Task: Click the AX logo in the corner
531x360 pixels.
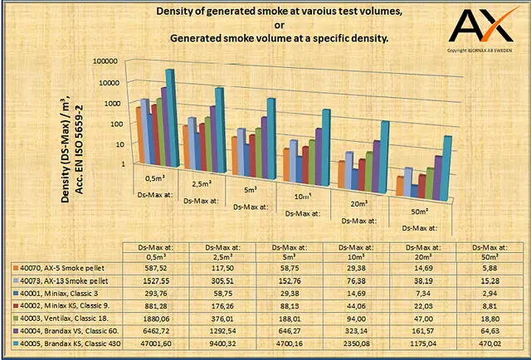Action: (x=480, y=27)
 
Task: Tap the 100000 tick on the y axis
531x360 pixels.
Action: (x=106, y=62)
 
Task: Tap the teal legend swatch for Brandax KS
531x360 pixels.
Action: (x=16, y=343)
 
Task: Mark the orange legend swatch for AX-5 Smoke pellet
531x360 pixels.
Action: (x=16, y=268)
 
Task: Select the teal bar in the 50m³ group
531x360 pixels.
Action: (x=447, y=167)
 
